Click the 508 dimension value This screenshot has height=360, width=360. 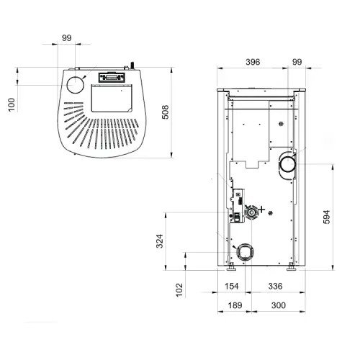[166, 112]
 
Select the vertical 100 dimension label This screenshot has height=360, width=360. [12, 104]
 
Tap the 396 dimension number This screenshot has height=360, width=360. [253, 62]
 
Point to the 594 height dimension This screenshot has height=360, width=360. [327, 217]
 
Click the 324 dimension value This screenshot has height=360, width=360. [160, 241]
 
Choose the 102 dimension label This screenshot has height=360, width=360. [179, 290]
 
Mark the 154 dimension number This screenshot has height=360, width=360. [232, 286]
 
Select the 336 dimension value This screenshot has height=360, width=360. [275, 286]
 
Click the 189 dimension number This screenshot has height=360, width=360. [235, 305]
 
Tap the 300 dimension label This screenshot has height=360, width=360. [279, 305]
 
